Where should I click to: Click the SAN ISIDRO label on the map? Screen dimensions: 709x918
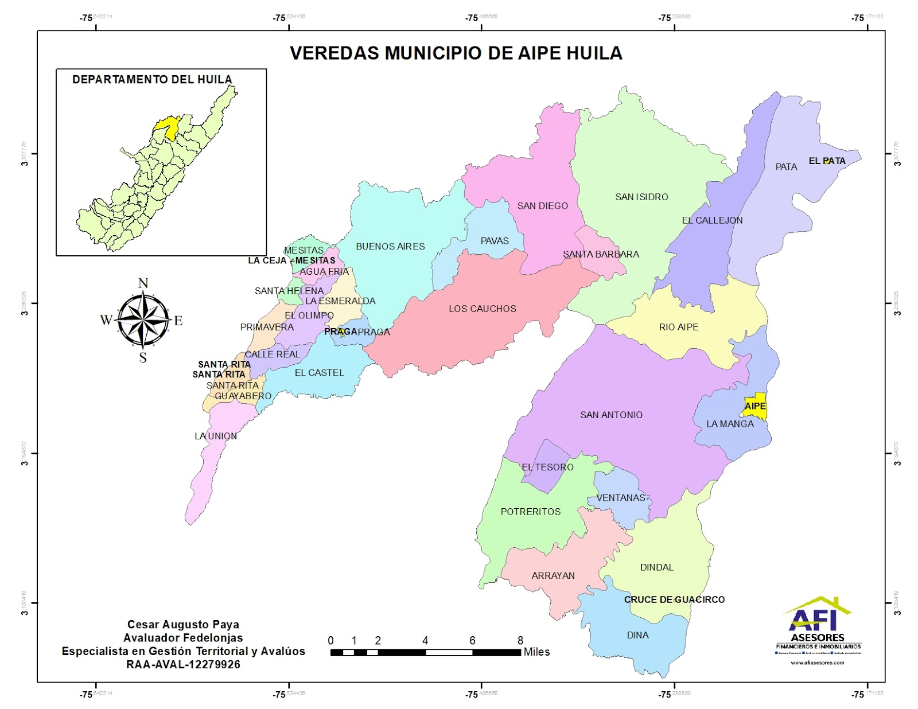click(641, 197)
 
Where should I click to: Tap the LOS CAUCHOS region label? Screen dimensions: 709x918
click(482, 309)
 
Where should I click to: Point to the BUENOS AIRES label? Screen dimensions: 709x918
click(390, 246)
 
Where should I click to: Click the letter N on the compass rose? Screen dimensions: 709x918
click(143, 283)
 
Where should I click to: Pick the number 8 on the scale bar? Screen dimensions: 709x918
click(520, 640)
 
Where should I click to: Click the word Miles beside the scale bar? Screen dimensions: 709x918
click(536, 652)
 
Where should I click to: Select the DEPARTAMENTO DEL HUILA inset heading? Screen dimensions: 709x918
click(152, 79)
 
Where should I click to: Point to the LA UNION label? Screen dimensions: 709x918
click(215, 436)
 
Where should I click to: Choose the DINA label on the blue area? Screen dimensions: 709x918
click(637, 635)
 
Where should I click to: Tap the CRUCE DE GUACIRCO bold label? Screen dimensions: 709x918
click(674, 599)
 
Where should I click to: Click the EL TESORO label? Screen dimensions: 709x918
click(547, 467)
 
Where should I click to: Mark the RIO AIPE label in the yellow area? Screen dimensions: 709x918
click(678, 327)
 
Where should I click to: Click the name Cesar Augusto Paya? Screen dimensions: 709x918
click(183, 624)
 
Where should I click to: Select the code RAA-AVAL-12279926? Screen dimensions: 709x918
click(183, 664)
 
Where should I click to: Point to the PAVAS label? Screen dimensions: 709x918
click(494, 240)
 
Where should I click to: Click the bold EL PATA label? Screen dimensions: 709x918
click(827, 161)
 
